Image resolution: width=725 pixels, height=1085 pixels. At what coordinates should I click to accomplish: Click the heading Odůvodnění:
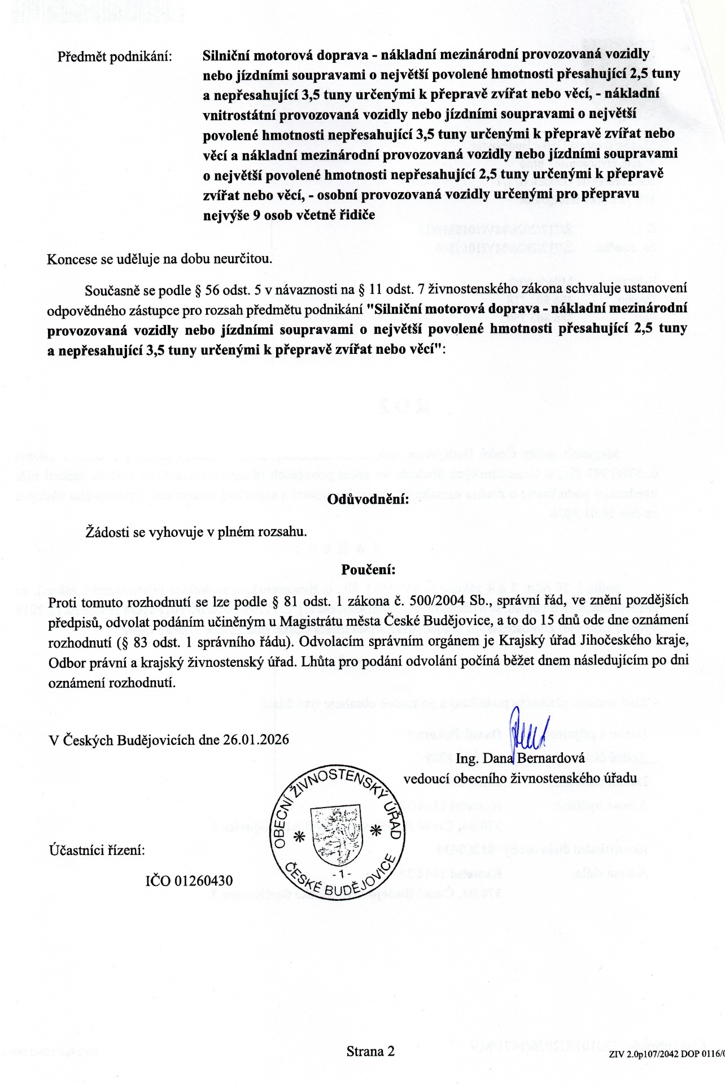click(x=368, y=500)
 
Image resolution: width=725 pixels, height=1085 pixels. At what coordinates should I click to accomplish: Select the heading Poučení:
click(x=368, y=569)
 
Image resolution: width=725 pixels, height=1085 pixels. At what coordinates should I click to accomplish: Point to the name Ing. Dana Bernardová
click(x=520, y=758)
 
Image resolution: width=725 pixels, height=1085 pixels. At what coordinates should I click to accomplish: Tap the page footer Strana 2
click(x=370, y=1051)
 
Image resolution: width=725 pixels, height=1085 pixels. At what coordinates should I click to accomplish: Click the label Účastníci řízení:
click(x=97, y=850)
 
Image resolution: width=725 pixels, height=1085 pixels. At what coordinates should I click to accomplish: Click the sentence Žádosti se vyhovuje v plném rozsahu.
click(x=195, y=532)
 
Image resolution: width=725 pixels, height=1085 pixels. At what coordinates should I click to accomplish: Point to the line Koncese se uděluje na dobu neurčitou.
click(x=159, y=259)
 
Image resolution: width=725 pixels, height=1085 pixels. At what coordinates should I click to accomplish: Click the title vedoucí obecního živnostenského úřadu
click(x=520, y=778)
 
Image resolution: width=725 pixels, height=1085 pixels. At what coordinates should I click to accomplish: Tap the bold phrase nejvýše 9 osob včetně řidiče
click(x=289, y=215)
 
